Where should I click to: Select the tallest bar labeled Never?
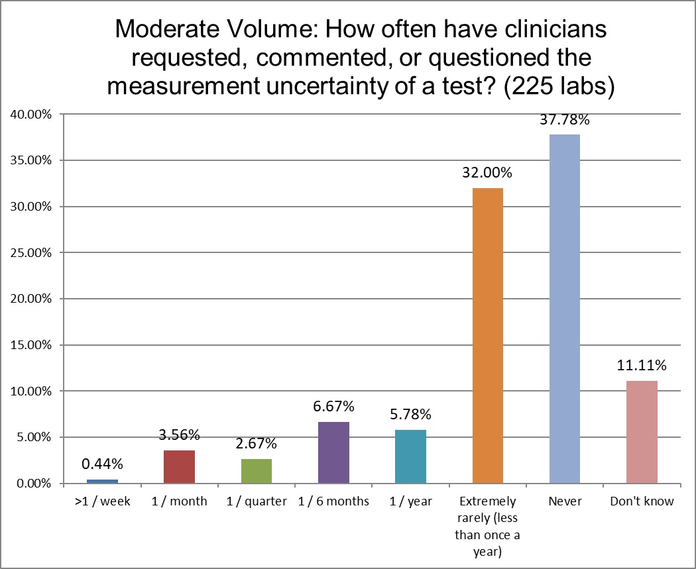tap(565, 309)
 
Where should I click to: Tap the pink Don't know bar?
tap(642, 432)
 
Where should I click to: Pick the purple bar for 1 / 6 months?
tap(333, 452)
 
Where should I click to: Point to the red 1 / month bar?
tap(179, 467)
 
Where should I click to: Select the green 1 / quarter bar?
tap(257, 471)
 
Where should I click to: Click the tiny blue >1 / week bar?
tap(102, 481)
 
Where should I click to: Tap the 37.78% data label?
tap(565, 121)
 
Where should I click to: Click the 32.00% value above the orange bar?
tap(488, 174)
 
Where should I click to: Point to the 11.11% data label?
tap(642, 366)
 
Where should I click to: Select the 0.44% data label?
tap(102, 464)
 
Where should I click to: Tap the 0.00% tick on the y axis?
tap(34, 484)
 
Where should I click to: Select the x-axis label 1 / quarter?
tap(257, 501)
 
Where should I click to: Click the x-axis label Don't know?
tap(642, 501)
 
